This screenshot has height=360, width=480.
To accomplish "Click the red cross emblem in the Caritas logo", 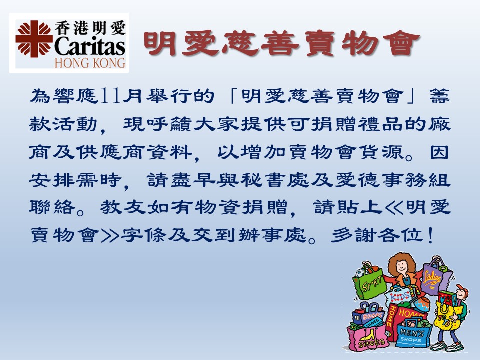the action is (34, 39).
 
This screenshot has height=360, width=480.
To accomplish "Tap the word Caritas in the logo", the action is (90, 46).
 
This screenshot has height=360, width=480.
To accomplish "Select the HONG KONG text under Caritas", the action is (90, 63).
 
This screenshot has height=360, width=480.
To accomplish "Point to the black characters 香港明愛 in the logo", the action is (90, 28).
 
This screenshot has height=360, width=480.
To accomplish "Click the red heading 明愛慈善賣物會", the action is (281, 44).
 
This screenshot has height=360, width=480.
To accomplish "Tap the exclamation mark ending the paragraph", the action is (430, 235).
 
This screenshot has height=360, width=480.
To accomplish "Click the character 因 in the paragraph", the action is (439, 152).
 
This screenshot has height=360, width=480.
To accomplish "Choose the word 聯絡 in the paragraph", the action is (52, 207).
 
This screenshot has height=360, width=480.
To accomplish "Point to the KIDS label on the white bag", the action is (400, 296).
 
